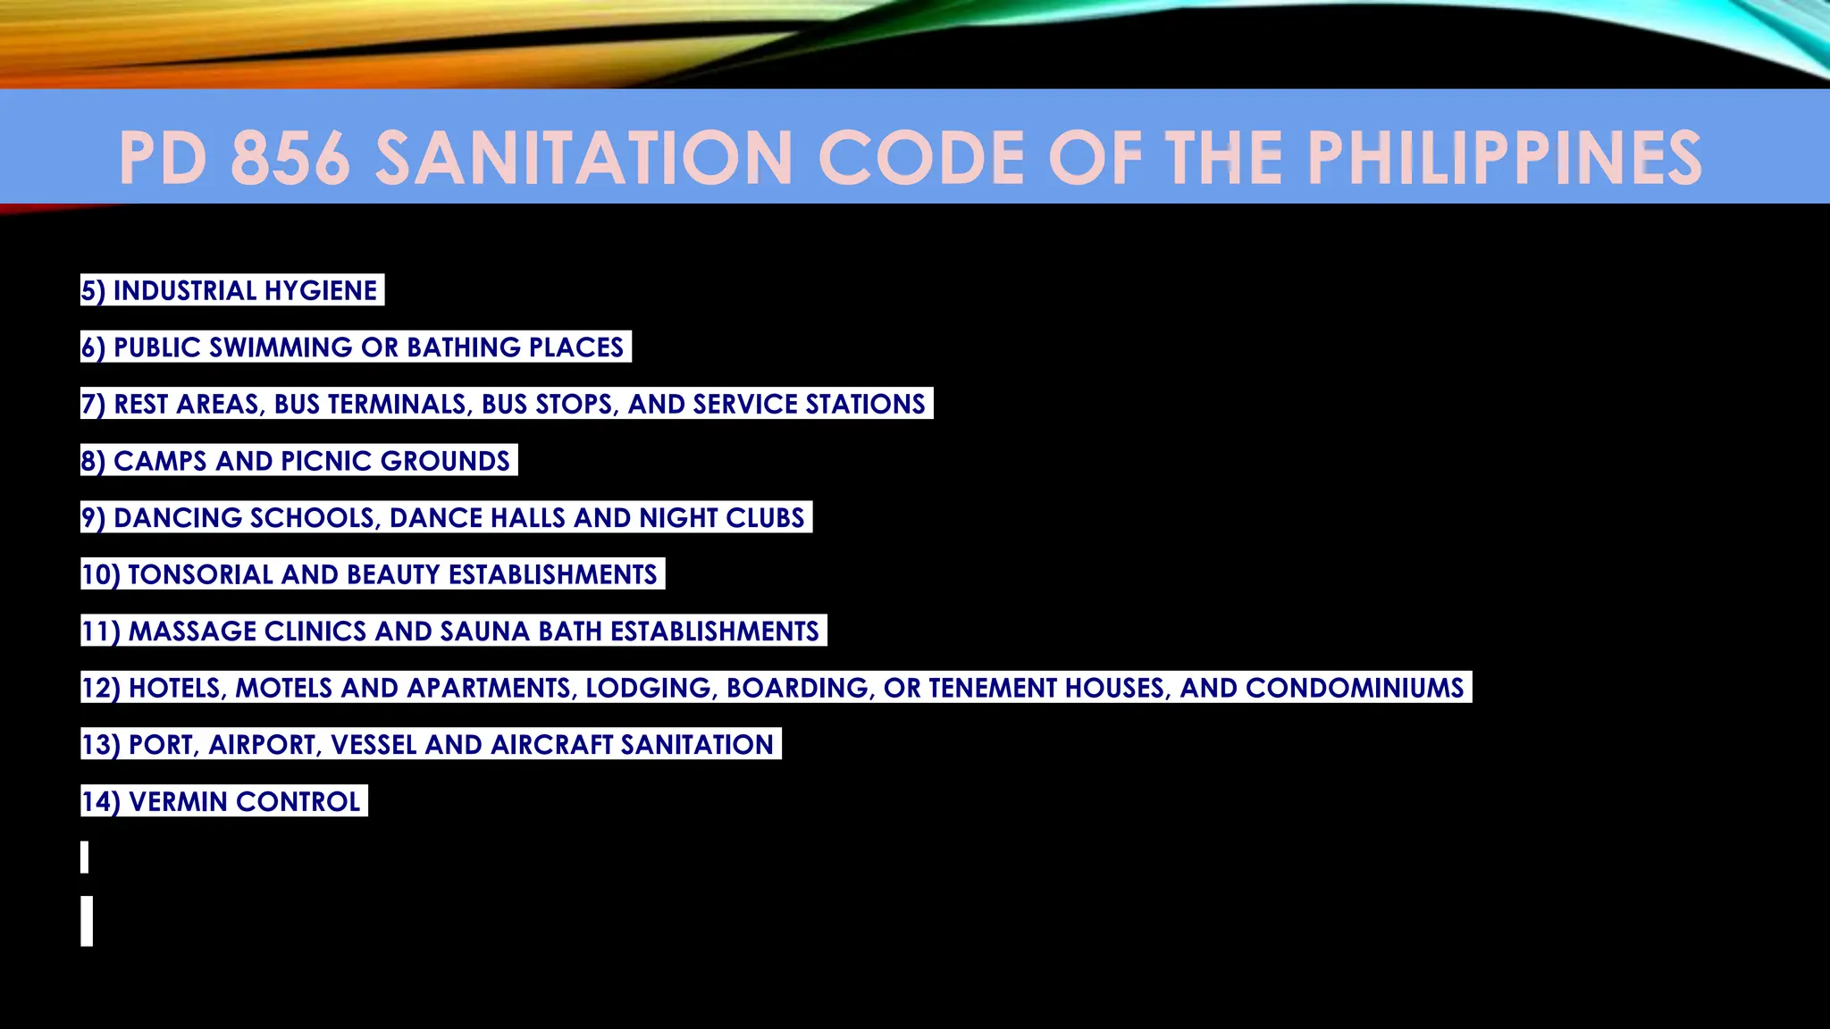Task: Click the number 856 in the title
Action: click(290, 158)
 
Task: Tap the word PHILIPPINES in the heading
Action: click(1505, 158)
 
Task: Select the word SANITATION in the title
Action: click(583, 158)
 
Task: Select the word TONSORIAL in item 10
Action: click(200, 574)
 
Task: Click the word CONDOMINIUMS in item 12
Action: click(1355, 688)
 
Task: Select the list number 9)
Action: click(93, 518)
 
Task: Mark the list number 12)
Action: click(100, 688)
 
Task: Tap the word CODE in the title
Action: click(919, 158)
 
